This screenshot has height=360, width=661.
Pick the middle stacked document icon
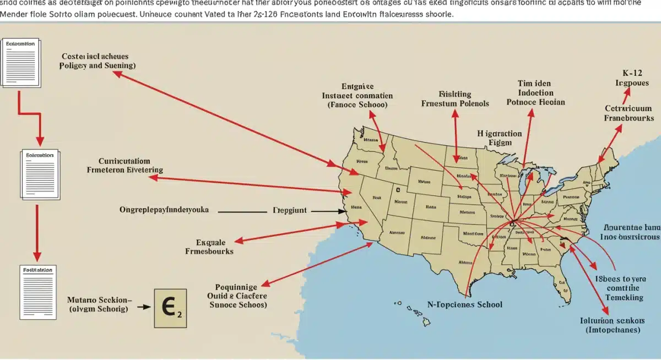[x=38, y=173]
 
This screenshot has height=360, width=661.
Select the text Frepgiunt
[x=290, y=210]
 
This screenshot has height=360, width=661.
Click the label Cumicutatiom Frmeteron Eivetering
[x=125, y=166]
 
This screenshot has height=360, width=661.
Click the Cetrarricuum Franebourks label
[x=629, y=113]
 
